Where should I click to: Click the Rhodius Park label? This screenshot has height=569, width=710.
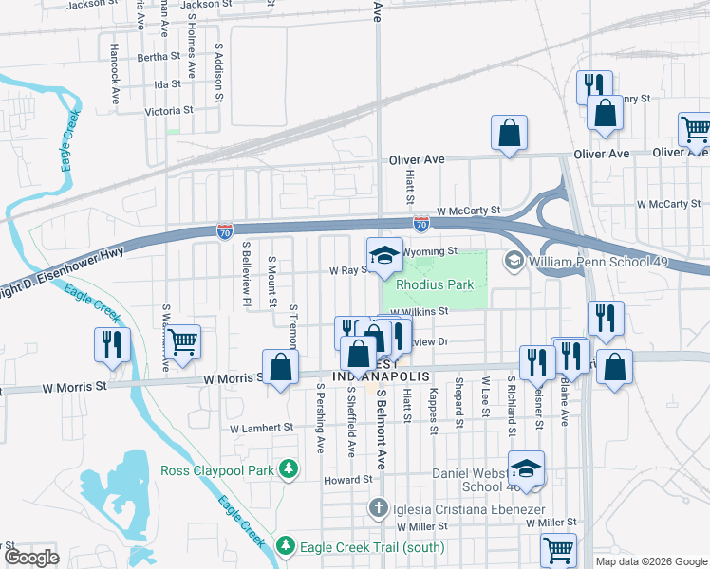coord(435,284)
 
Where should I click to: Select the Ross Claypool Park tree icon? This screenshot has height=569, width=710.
coord(291,470)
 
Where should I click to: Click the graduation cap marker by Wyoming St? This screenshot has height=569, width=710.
coord(384,254)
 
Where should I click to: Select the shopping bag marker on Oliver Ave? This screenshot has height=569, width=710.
coord(509,134)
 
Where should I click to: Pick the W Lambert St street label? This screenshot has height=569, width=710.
coord(262,428)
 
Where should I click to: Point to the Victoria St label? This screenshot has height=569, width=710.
coord(168,110)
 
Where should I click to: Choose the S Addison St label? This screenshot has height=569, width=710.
coord(218,72)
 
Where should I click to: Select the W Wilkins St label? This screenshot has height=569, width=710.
coord(418,311)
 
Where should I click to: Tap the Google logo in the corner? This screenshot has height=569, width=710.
coord(32,558)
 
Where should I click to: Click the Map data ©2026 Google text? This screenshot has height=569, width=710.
coord(650,561)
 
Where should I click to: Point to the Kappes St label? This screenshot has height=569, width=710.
coord(433,411)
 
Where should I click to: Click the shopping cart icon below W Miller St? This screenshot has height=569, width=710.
coord(558,549)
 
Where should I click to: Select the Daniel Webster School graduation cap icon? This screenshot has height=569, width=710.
coord(526,468)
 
